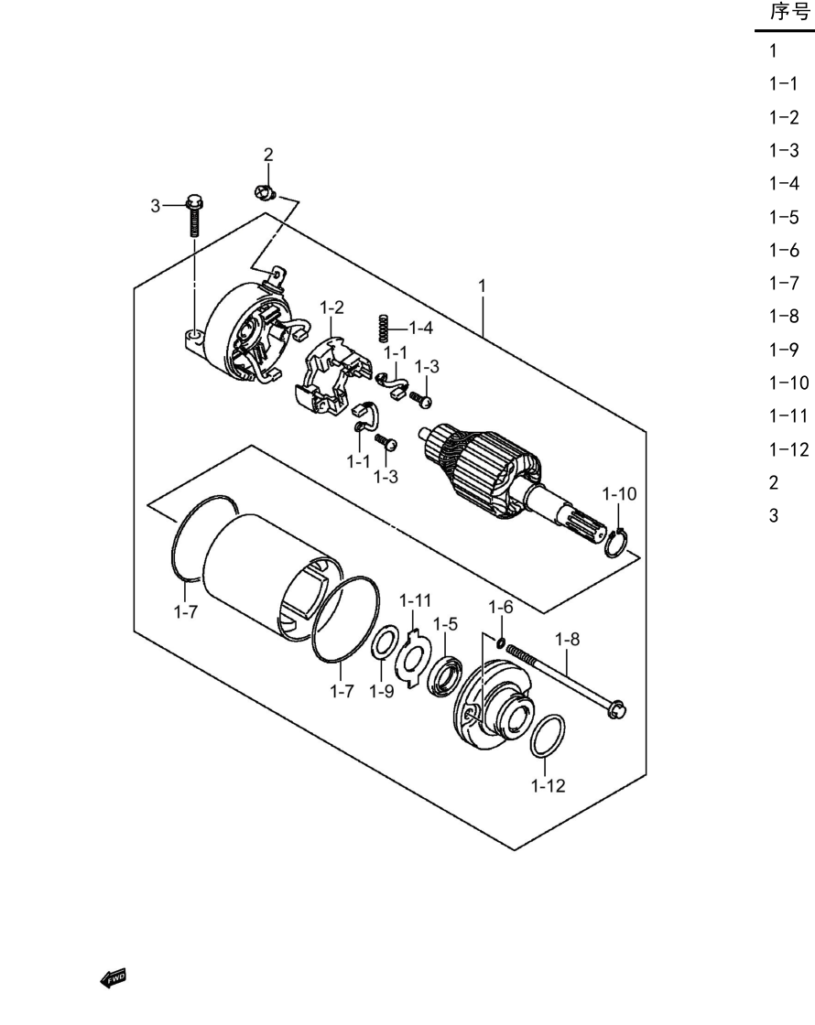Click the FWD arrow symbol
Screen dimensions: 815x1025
[x=113, y=978]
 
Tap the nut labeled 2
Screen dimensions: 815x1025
[x=265, y=193]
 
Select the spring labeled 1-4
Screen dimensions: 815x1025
[x=384, y=328]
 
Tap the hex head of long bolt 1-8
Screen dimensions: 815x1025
[x=616, y=709]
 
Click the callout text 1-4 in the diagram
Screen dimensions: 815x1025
[x=421, y=328]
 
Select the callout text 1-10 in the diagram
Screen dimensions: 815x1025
[x=619, y=493]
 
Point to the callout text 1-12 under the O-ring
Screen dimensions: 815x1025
[x=549, y=786]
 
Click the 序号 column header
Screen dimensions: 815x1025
[x=790, y=12]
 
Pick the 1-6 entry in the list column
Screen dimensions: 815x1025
[x=784, y=250]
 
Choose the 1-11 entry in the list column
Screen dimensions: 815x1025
[x=788, y=415]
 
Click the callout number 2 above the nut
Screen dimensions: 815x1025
[x=268, y=155]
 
